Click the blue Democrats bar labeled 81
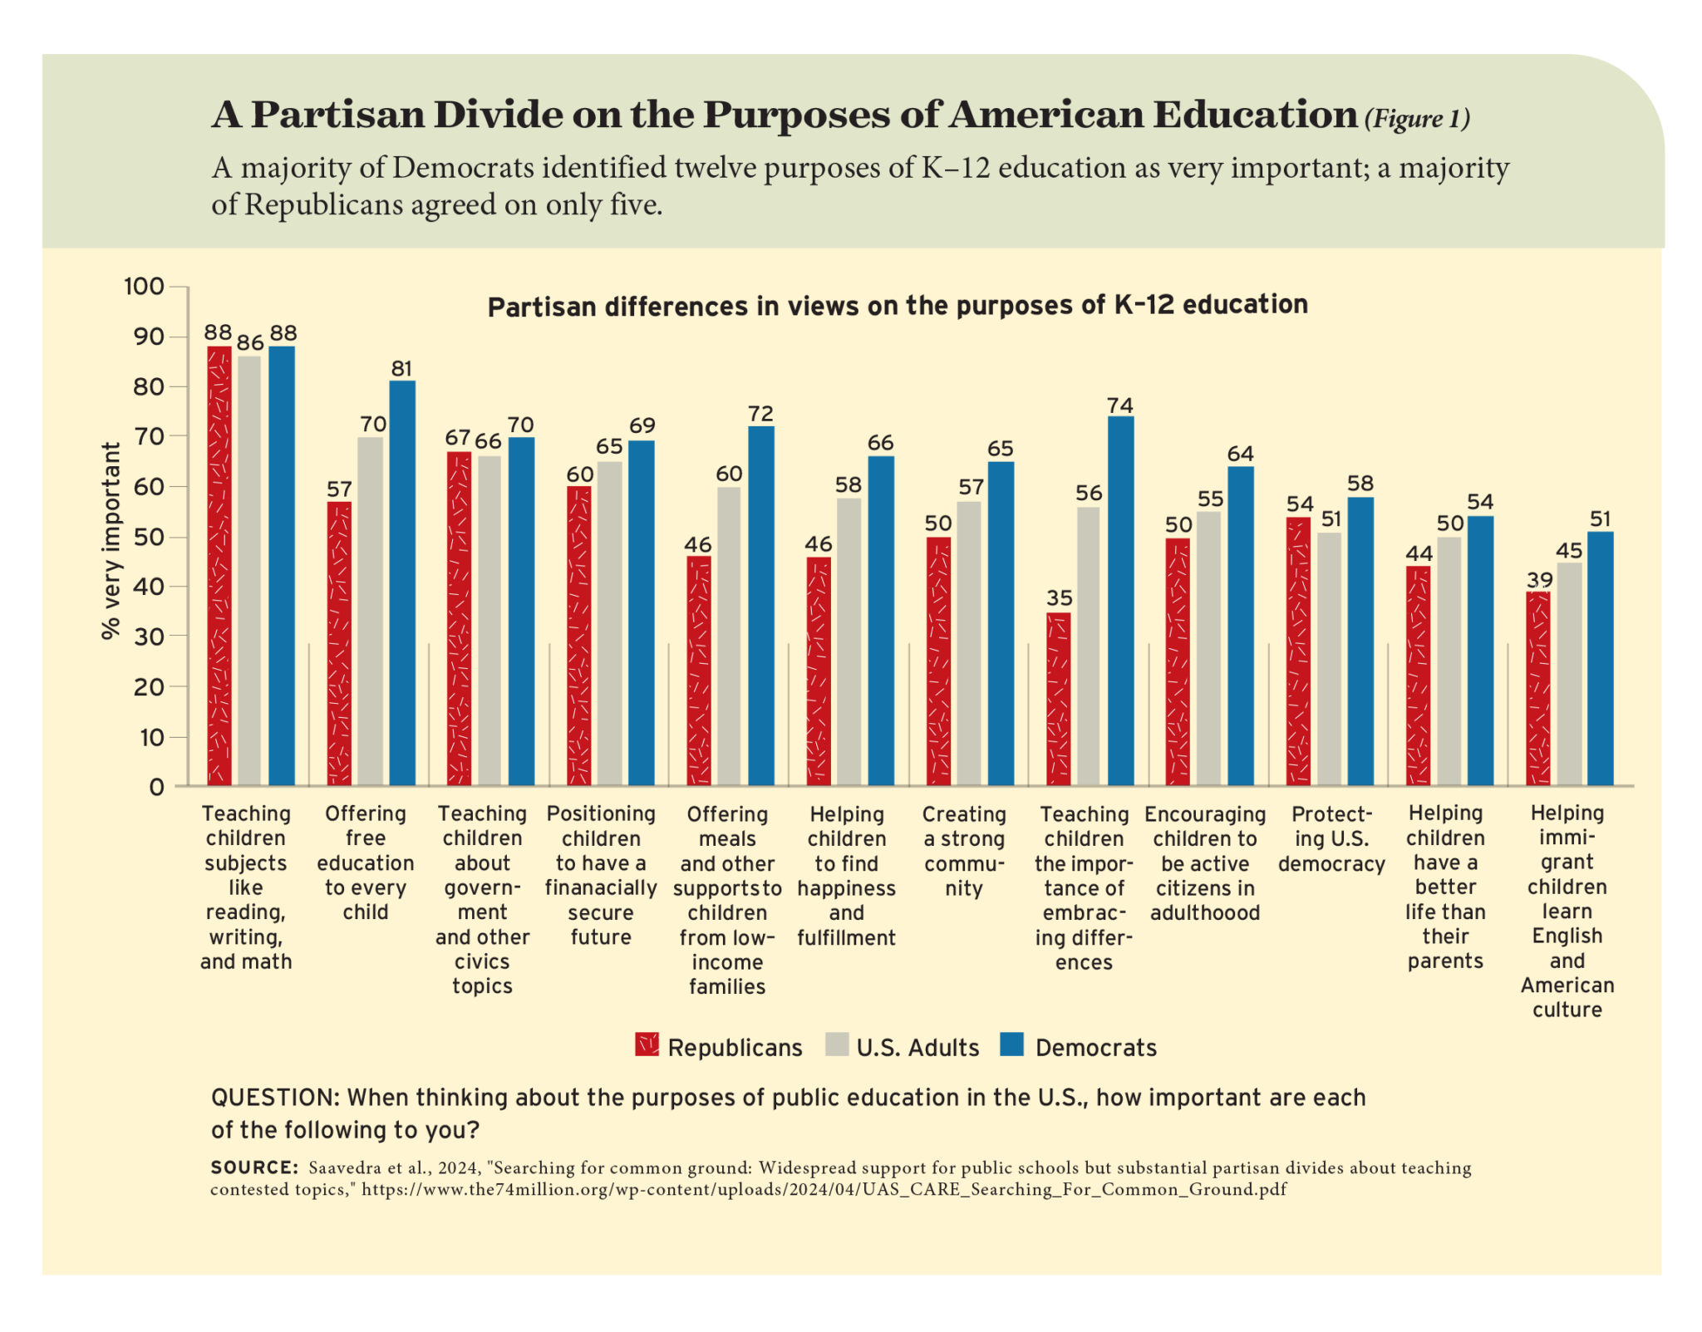click(x=402, y=582)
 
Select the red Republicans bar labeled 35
click(x=1058, y=698)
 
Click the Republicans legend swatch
click(x=647, y=1044)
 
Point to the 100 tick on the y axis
click(x=145, y=287)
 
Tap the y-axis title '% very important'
click(x=111, y=540)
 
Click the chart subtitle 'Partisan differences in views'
click(x=898, y=306)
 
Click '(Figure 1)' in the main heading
click(x=1417, y=119)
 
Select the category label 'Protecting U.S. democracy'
click(x=1331, y=839)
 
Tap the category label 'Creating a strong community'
click(x=964, y=851)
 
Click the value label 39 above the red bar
click(x=1539, y=579)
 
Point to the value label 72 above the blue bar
click(x=760, y=413)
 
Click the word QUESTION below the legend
click(x=274, y=1098)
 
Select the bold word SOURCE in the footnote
click(x=254, y=1167)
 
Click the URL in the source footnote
click(x=823, y=1189)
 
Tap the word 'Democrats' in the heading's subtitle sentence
click(x=463, y=168)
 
